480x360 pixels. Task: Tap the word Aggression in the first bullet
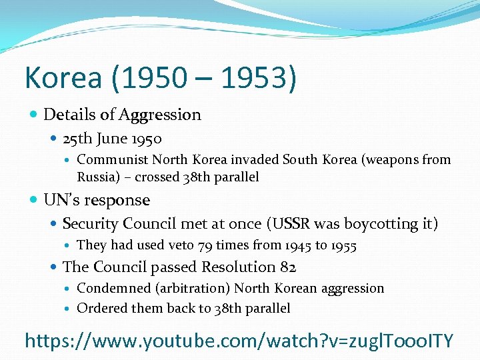160,115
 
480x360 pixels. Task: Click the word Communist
112,160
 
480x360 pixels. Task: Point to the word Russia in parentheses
98,177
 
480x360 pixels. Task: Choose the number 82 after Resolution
287,267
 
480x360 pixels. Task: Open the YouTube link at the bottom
239,341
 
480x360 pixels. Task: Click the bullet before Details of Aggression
34,115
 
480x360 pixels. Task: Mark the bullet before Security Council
54,224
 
